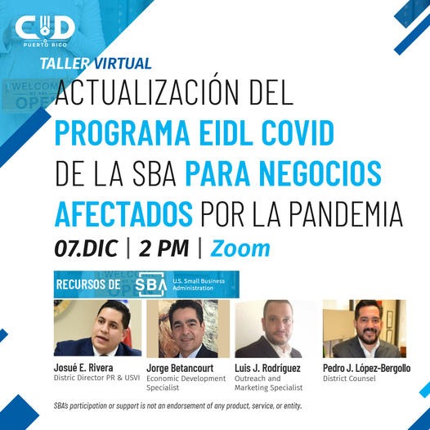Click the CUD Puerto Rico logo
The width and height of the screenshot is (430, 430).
(x=45, y=31)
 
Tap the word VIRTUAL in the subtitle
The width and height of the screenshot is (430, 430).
(x=123, y=63)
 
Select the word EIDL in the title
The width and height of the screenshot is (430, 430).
(x=226, y=132)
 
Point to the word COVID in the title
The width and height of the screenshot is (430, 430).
(x=298, y=132)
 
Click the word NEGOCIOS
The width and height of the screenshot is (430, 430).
(x=320, y=173)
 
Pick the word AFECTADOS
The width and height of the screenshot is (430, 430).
(x=123, y=214)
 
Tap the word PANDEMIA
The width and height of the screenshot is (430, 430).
(x=346, y=214)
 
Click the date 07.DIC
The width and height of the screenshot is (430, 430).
(x=87, y=249)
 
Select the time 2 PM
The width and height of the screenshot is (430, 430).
(x=164, y=249)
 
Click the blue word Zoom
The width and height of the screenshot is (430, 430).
(x=240, y=249)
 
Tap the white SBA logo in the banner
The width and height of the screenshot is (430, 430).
(x=151, y=284)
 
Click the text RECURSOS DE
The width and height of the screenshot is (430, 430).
(x=88, y=284)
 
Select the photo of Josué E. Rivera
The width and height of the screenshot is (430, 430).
(x=98, y=328)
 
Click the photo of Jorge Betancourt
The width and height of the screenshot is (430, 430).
(x=188, y=329)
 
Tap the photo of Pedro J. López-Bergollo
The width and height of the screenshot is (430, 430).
(x=365, y=329)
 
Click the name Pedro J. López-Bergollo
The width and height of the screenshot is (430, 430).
(x=367, y=369)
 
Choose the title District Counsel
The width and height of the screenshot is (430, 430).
(x=349, y=378)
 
